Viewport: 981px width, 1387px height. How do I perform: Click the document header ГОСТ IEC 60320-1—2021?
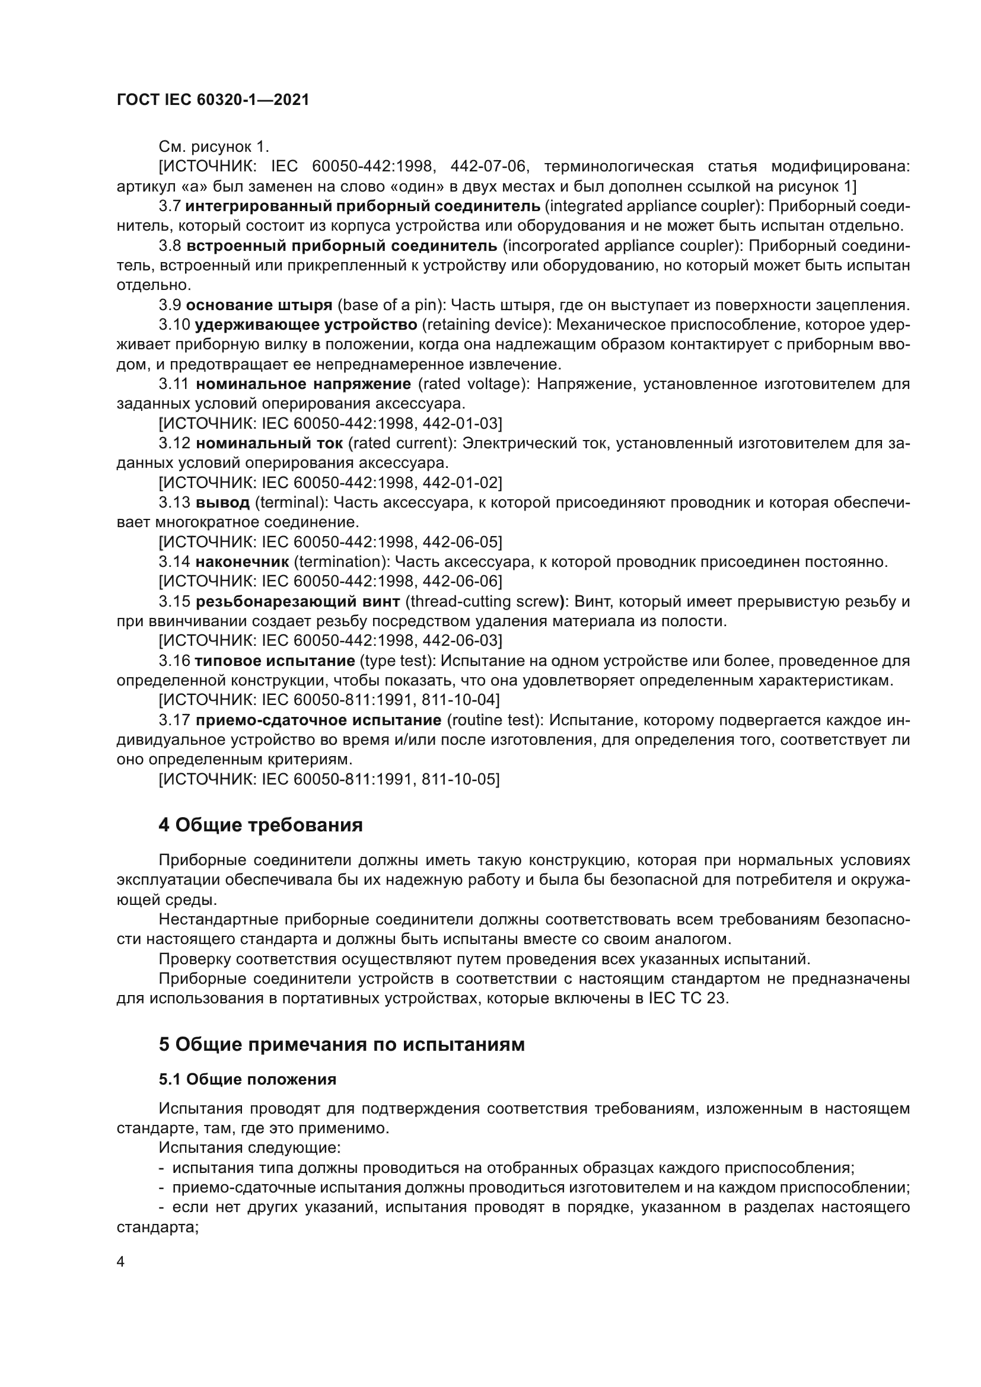coord(213,100)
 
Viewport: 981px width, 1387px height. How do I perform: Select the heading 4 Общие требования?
coord(260,825)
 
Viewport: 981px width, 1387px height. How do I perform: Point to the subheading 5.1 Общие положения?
coord(247,1079)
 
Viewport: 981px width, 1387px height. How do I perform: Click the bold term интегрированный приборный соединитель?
coord(362,206)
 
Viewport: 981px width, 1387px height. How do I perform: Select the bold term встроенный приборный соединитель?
coord(342,246)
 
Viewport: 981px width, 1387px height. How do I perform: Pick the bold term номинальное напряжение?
coord(303,384)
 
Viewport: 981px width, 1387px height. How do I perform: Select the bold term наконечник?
coord(242,562)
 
